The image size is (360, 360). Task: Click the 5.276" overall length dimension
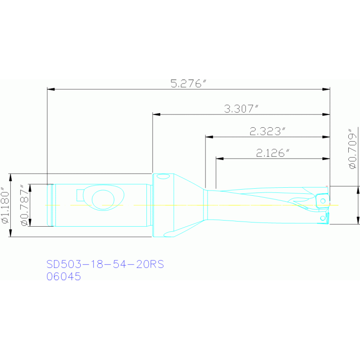[x=189, y=84]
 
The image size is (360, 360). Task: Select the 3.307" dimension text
[x=241, y=109]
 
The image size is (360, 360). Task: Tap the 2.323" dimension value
[x=268, y=131]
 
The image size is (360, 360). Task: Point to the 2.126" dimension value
[x=273, y=153]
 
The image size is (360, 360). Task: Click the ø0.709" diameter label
[x=352, y=149]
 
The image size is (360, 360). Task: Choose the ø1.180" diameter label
[x=5, y=205]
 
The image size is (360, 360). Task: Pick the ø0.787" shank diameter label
[x=25, y=205]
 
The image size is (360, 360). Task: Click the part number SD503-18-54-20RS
[x=105, y=264]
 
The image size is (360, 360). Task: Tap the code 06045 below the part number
[x=63, y=276]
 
